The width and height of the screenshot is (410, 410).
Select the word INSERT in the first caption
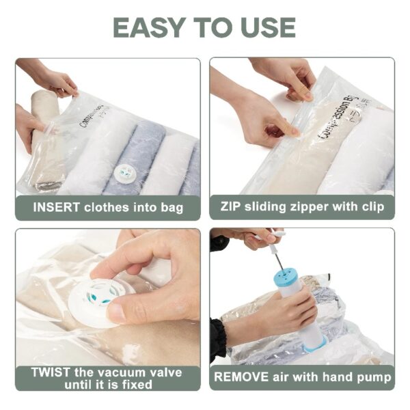(56, 207)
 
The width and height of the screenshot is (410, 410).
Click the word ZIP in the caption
(230, 206)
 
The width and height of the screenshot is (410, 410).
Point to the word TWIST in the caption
(51, 372)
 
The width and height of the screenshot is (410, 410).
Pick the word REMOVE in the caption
(241, 377)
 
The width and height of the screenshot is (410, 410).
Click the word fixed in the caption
(137, 385)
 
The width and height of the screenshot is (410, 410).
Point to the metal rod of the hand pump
(279, 260)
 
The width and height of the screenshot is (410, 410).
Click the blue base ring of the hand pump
(314, 344)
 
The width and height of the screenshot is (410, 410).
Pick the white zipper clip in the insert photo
(51, 128)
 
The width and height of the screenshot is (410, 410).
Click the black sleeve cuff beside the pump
(218, 340)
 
